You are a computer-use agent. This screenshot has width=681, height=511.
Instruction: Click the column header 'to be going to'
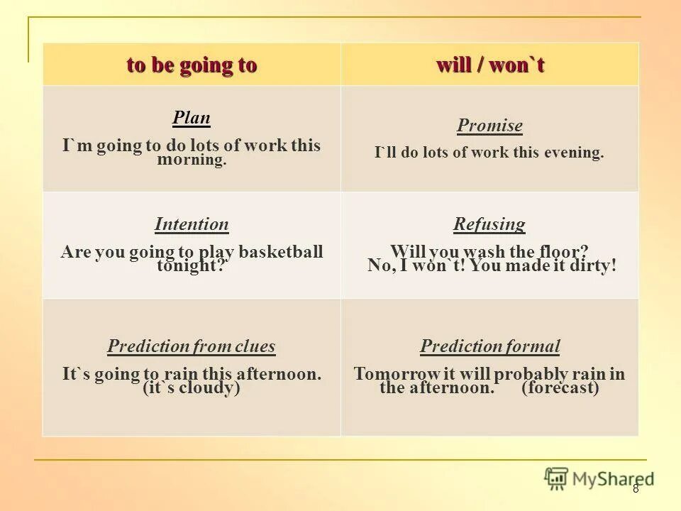coord(192,65)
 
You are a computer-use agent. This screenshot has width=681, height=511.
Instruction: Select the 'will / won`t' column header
coord(489,65)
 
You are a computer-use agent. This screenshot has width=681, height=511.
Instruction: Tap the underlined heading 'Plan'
coord(192,118)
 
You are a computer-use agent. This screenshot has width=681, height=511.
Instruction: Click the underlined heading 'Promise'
coord(489,126)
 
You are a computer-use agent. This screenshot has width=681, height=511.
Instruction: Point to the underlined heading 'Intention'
coord(192,225)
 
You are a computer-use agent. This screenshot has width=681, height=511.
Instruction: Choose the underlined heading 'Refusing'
coord(489,225)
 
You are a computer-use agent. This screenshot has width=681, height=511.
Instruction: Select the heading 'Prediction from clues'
coord(192,347)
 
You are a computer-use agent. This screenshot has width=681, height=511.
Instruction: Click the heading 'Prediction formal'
coord(489,347)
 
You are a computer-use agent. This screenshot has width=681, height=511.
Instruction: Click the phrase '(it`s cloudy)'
coord(192,388)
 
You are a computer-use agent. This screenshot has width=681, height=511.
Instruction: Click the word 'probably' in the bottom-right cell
coord(528,374)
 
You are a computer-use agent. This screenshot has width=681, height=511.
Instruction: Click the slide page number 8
coord(636,488)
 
